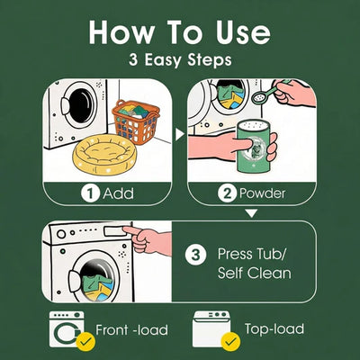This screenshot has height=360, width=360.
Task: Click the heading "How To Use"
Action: [x=179, y=32]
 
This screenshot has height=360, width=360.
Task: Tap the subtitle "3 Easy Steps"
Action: [x=180, y=59]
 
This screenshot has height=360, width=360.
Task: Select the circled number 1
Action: [x=90, y=193]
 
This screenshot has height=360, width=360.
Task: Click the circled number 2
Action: [x=228, y=193]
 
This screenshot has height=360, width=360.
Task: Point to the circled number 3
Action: [x=195, y=256]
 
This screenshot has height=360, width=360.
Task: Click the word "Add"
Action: [x=118, y=193]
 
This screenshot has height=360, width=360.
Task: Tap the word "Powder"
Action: [x=263, y=193]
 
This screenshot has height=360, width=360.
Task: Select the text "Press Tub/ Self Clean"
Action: [x=255, y=264]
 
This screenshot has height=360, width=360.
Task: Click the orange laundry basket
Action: [x=136, y=122]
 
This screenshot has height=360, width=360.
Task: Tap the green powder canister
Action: [x=253, y=146]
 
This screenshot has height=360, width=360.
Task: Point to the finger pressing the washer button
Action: [x=133, y=230]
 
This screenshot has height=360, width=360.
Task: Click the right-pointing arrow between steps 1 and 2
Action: [x=179, y=134]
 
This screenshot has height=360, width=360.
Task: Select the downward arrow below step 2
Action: [x=251, y=213]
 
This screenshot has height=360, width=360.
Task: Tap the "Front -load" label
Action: [x=131, y=330]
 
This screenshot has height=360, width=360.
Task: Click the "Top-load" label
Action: [x=274, y=329]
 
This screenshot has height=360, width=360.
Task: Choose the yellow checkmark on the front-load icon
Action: [x=85, y=342]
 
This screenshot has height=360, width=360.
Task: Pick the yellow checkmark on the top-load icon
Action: [x=230, y=342]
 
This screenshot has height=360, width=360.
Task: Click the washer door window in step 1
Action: [x=80, y=105]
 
